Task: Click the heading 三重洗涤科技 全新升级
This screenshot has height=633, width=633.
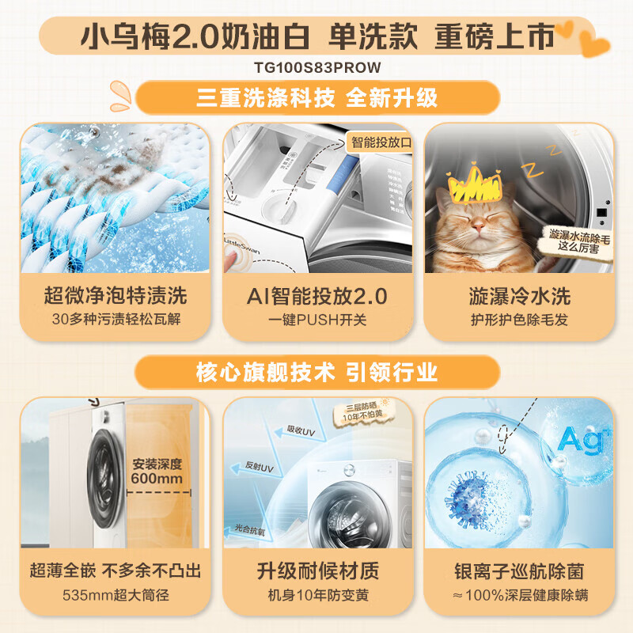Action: [x=316, y=98]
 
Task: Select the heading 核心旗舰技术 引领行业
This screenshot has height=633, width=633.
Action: [x=316, y=372]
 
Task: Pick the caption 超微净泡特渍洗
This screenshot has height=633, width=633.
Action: [x=115, y=297]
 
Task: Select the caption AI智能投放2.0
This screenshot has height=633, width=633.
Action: [x=316, y=297]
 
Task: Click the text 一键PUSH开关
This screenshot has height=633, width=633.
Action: [x=316, y=320]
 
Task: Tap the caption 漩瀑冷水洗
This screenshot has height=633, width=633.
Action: [x=518, y=297]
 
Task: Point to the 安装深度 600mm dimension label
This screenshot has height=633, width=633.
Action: [x=158, y=472]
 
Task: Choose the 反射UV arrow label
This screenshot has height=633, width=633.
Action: [x=261, y=468]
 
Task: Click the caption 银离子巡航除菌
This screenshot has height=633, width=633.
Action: [x=518, y=570]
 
